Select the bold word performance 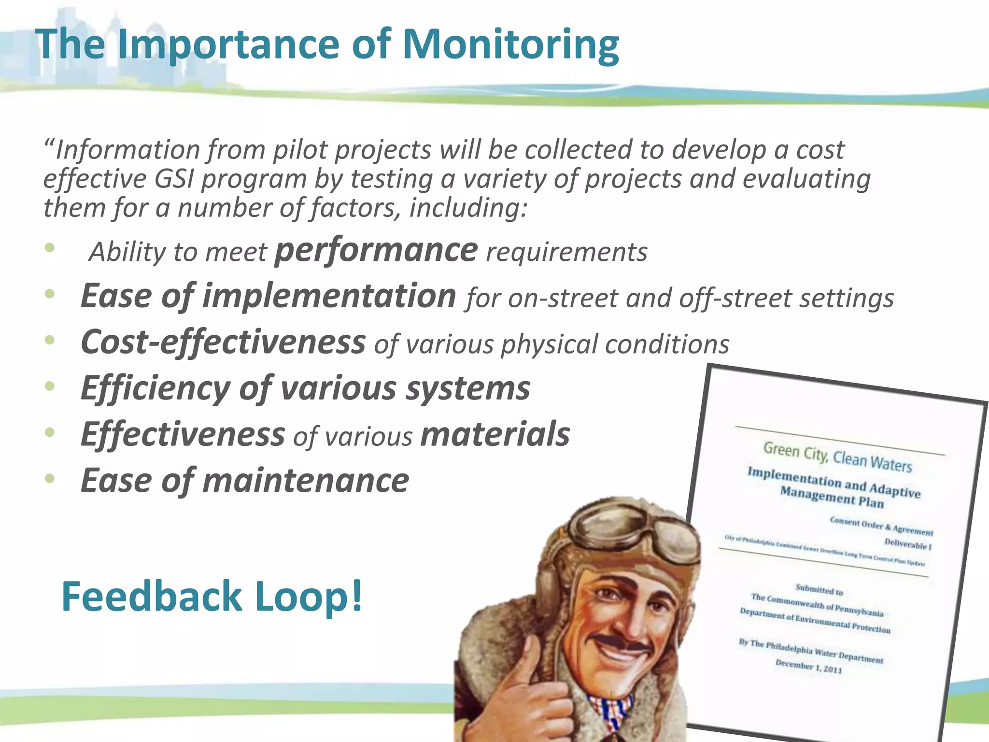376,251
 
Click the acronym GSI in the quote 174,179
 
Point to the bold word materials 495,434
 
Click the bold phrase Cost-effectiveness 223,342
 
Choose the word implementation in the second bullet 329,296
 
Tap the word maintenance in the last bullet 306,480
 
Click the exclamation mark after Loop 357,596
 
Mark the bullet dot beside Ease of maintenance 50,478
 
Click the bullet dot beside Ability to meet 50,248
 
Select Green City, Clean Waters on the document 837,457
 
